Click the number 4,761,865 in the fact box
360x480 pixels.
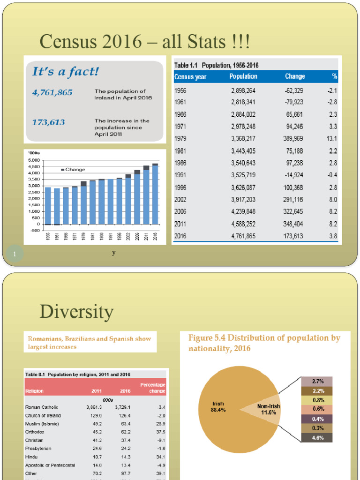point(52,92)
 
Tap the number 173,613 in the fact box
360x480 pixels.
point(48,122)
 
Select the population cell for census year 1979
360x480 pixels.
point(243,138)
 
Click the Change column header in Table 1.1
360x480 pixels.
point(294,76)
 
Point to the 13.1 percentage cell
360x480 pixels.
point(332,138)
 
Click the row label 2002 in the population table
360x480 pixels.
point(180,199)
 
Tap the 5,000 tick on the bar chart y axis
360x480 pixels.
point(35,160)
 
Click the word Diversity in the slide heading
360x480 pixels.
point(76,312)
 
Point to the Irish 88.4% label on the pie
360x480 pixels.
point(218,406)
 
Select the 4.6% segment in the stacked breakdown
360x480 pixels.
point(316,438)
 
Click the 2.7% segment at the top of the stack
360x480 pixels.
point(316,382)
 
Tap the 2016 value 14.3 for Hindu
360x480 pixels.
point(125,457)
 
